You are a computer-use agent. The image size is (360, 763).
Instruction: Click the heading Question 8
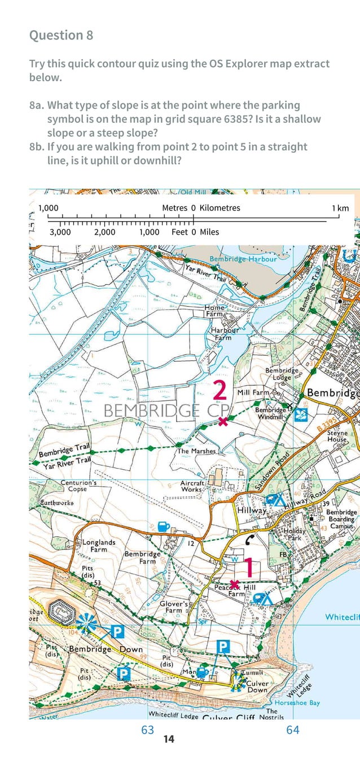[61, 36]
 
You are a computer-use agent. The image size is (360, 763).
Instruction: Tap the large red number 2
[220, 391]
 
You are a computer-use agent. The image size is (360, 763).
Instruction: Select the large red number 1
[248, 568]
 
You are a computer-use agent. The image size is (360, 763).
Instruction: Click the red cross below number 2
[223, 421]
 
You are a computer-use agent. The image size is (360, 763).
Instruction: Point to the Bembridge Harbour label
[243, 259]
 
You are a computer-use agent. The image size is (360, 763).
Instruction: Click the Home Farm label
[215, 310]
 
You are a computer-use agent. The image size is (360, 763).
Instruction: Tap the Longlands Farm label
[99, 545]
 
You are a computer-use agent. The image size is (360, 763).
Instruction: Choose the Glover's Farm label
[173, 607]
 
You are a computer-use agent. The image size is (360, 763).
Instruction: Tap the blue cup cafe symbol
[164, 526]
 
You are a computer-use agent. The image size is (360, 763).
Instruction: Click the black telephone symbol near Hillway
[251, 538]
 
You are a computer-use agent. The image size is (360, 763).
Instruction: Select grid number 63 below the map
[147, 730]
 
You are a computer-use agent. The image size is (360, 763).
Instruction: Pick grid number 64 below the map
[292, 730]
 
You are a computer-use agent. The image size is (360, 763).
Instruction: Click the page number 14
[168, 739]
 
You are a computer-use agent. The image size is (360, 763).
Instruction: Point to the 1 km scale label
[340, 208]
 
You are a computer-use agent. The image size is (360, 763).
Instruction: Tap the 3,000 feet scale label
[60, 232]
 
